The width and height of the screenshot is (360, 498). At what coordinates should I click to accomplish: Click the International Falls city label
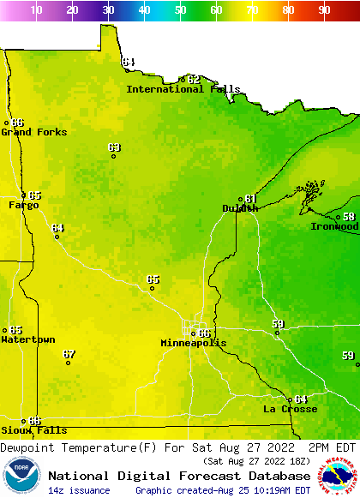[177, 89]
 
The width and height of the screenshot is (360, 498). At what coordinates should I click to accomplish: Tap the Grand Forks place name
[34, 132]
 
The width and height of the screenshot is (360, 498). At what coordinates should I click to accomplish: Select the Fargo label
[24, 205]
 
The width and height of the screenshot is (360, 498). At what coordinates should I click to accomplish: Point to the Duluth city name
[240, 208]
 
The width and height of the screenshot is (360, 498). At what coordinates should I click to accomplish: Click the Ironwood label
[334, 226]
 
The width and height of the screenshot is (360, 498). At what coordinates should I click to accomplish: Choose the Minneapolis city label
[194, 343]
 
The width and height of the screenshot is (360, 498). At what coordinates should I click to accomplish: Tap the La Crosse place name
[290, 409]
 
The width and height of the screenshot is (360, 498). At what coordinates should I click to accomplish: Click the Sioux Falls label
[33, 430]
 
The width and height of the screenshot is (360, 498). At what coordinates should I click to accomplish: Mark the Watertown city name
[28, 339]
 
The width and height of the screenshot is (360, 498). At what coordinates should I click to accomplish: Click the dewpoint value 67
[69, 354]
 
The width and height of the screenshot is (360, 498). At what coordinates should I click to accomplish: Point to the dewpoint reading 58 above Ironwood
[349, 217]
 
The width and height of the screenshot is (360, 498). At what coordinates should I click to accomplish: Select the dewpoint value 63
[114, 147]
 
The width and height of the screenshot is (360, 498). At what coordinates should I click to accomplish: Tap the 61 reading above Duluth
[250, 198]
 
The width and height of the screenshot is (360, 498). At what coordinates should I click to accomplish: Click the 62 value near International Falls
[194, 79]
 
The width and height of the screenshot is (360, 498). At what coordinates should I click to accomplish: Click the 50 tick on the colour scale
[180, 10]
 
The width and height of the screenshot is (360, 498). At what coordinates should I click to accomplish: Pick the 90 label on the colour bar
[324, 10]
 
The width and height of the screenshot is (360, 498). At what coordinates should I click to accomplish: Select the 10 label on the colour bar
[36, 10]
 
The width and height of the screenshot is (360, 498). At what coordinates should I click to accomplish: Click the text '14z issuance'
[79, 490]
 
